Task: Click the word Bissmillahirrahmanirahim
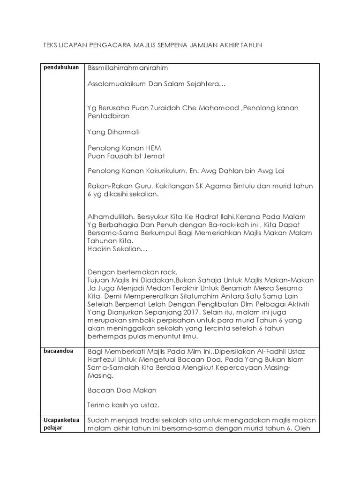127,68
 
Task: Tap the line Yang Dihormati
113,132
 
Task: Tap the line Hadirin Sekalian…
117,249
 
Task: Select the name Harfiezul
104,360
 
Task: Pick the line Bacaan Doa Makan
122,390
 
